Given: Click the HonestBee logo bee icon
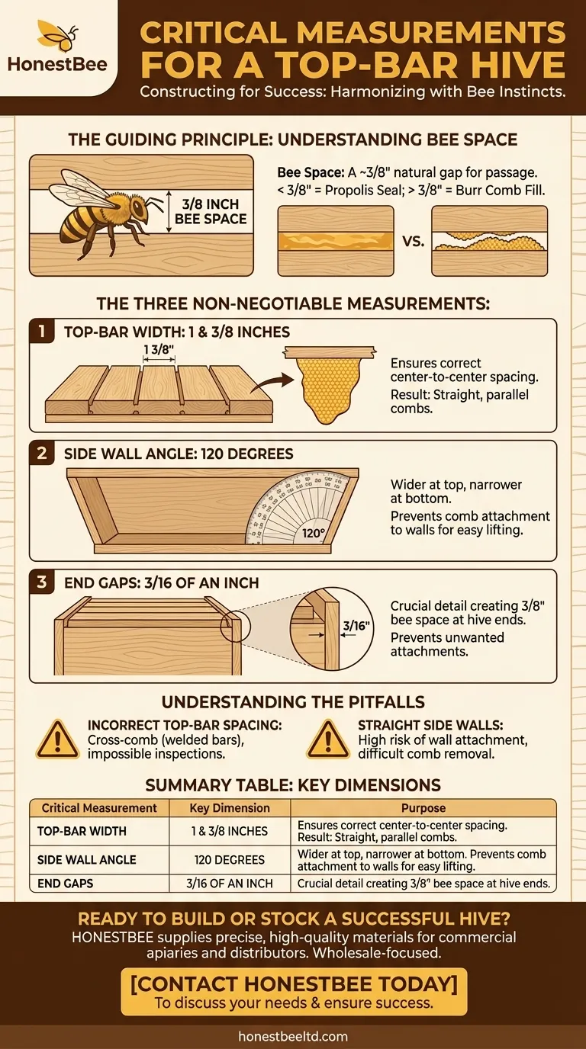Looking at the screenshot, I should pos(56,34).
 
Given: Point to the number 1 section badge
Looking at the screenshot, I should pos(40,332).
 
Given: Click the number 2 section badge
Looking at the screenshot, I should pos(40,454).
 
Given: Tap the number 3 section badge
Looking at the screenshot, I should pos(40,583).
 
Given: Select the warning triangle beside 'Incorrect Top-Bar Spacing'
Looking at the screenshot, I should pos(58,738).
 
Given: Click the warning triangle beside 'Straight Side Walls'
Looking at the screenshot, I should pos(328,738).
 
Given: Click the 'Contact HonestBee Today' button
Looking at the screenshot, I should pos(294,992).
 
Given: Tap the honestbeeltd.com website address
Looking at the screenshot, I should pos(293,1036).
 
